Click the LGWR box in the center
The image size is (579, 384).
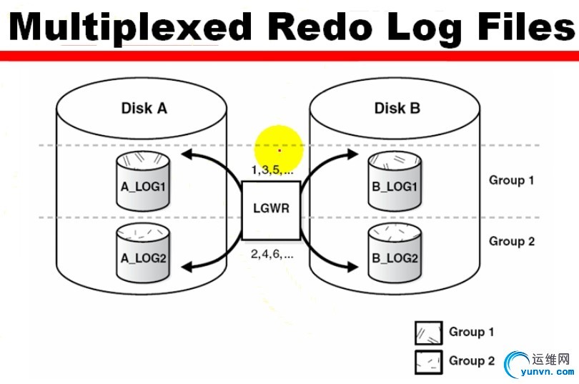pos(270,210)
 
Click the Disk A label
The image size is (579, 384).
pos(144,109)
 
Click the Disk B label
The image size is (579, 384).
pos(397,109)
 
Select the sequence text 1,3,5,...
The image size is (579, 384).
pos(272,169)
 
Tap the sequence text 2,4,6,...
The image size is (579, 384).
pos(272,253)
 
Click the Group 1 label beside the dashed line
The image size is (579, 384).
pos(512,180)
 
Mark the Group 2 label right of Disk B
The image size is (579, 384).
pos(512,242)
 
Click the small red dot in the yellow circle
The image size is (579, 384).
pos(279,151)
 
